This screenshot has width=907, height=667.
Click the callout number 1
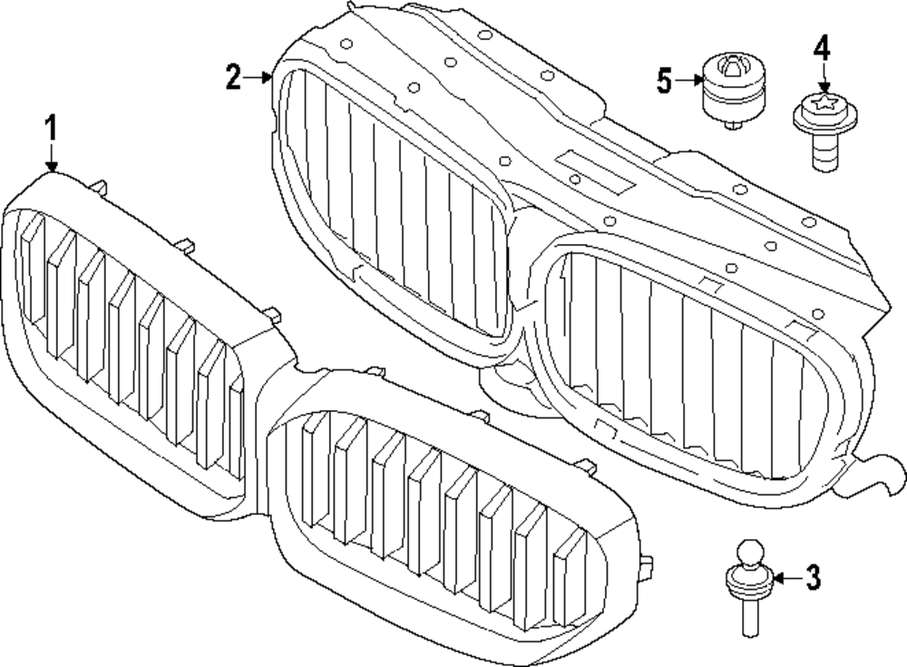click(52, 128)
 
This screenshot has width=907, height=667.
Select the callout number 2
click(234, 78)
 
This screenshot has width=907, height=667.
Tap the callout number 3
click(813, 576)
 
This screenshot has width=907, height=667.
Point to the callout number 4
click(821, 47)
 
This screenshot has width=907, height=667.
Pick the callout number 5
click(665, 81)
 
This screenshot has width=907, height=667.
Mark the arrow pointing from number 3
click(786, 576)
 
